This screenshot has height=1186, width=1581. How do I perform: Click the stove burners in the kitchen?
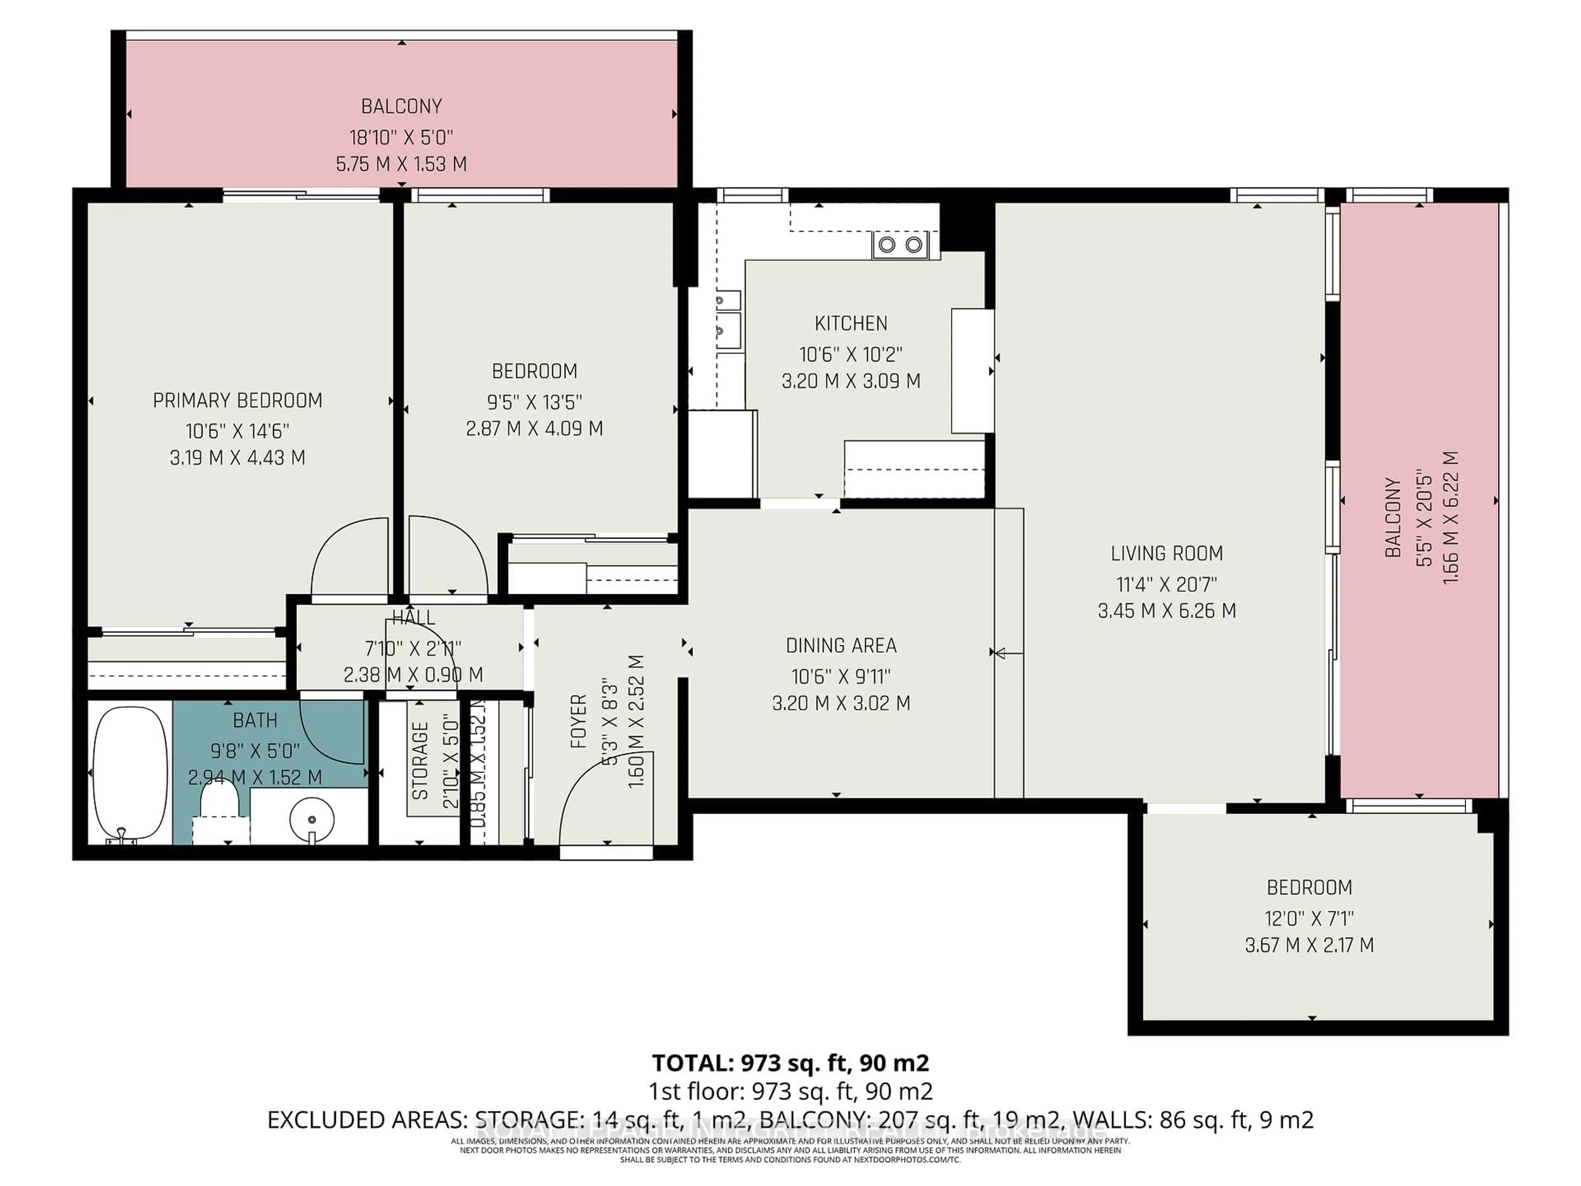click(900, 245)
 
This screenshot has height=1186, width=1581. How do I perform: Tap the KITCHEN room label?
click(851, 323)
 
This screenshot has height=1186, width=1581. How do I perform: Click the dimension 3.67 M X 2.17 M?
click(1309, 945)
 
